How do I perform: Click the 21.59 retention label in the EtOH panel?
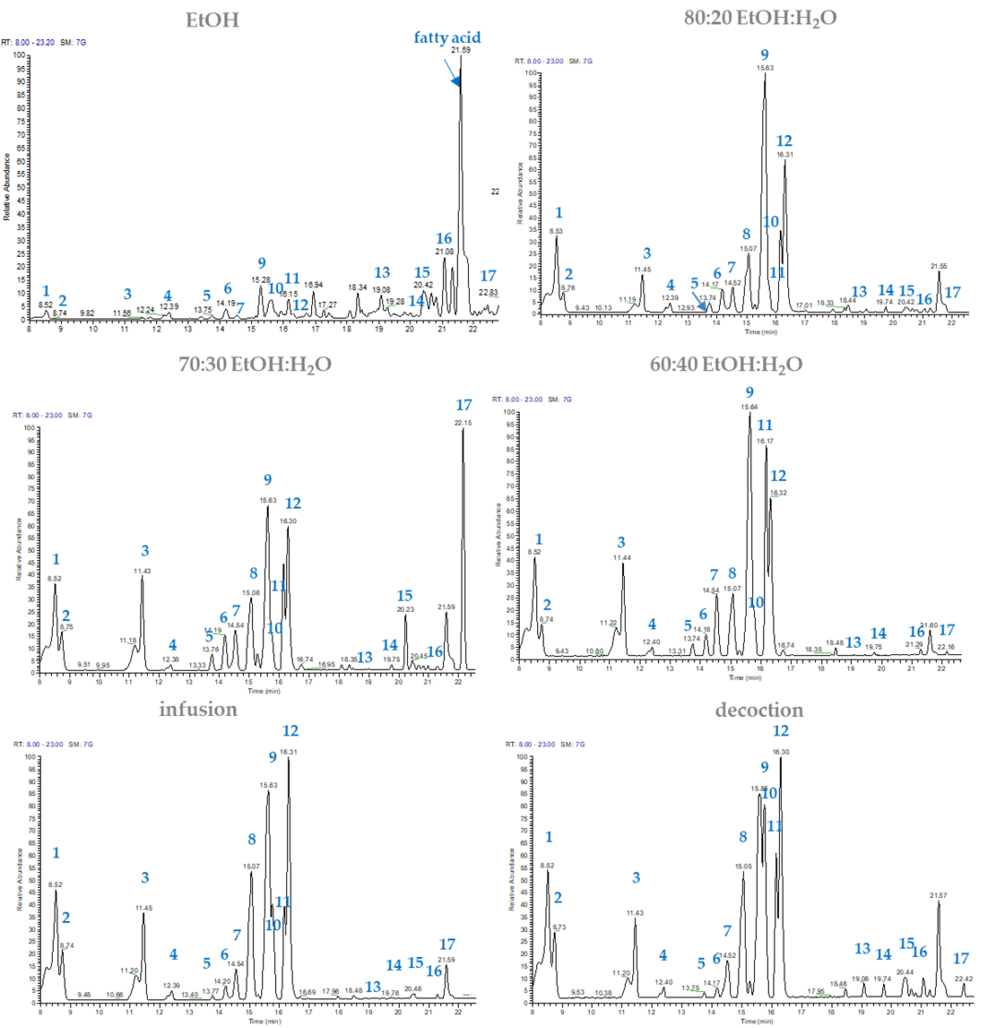(x=460, y=50)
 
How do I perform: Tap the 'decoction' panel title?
(x=759, y=710)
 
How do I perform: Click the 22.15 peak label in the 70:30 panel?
(x=463, y=422)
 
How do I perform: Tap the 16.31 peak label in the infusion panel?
(x=288, y=752)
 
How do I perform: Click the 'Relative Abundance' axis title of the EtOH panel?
(x=7, y=186)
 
